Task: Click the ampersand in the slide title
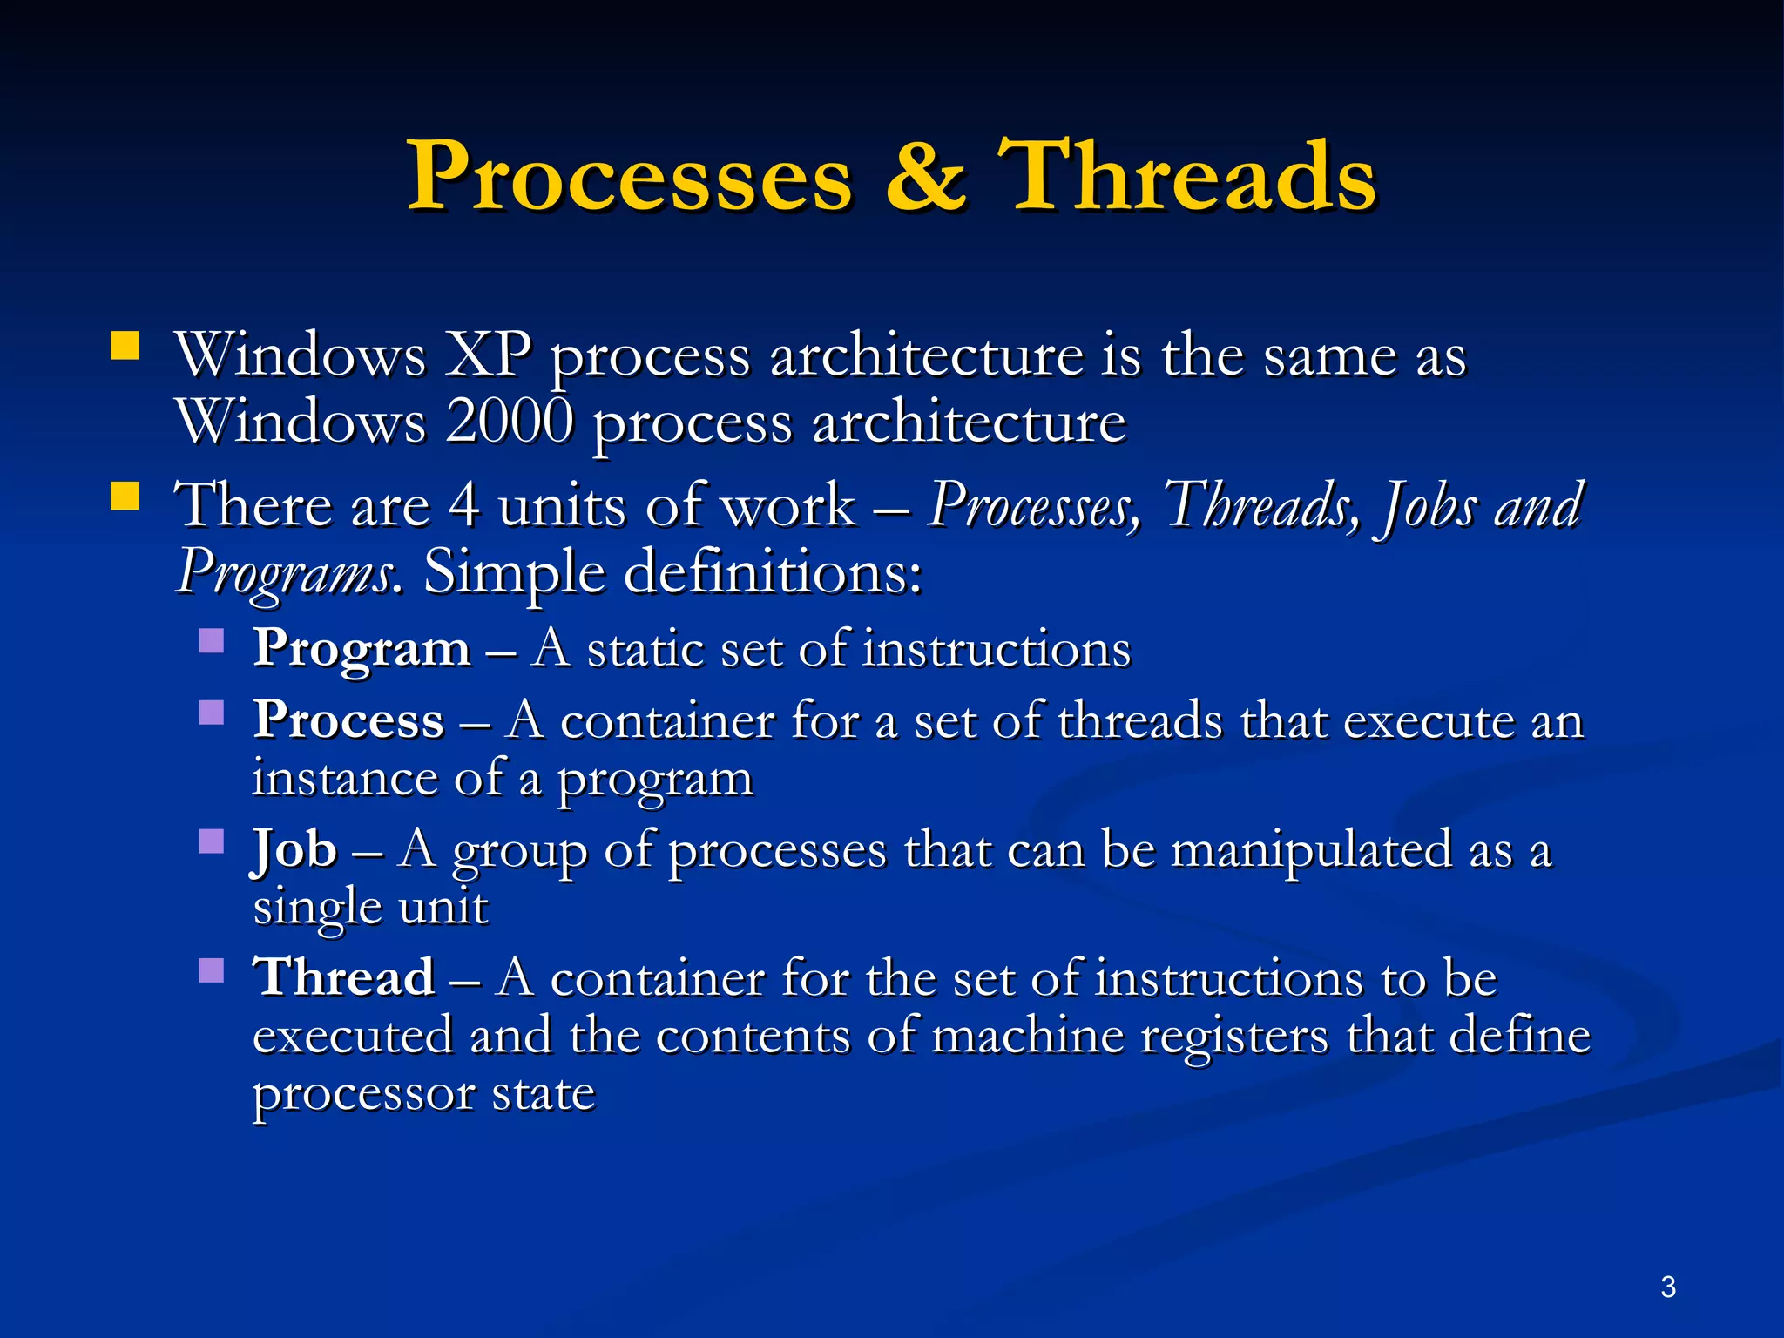pos(925,177)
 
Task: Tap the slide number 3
pos(1668,1287)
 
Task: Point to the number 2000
pos(510,422)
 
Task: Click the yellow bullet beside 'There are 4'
pos(125,496)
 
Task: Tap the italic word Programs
pos(285,572)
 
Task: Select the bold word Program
pos(362,650)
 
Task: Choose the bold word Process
pos(348,721)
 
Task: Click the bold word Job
pos(294,849)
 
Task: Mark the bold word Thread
pos(344,976)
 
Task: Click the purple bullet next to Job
pos(212,841)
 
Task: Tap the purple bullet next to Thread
pos(212,970)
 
